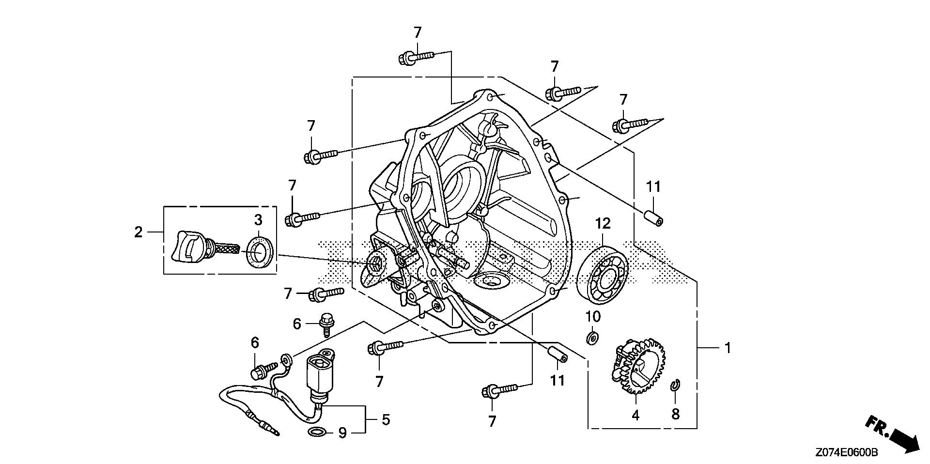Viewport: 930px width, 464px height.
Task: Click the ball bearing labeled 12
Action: click(x=603, y=275)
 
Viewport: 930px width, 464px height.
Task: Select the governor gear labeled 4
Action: click(x=640, y=366)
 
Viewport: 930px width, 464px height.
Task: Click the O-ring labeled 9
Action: click(x=316, y=432)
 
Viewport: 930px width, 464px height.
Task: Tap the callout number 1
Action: click(x=727, y=348)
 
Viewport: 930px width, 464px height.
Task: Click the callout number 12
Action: click(x=603, y=224)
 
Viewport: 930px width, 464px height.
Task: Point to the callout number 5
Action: click(x=385, y=419)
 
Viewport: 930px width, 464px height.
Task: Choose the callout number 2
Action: click(x=139, y=232)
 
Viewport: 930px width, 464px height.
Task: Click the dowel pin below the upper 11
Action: click(x=654, y=217)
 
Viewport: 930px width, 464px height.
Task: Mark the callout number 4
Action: click(x=635, y=415)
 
